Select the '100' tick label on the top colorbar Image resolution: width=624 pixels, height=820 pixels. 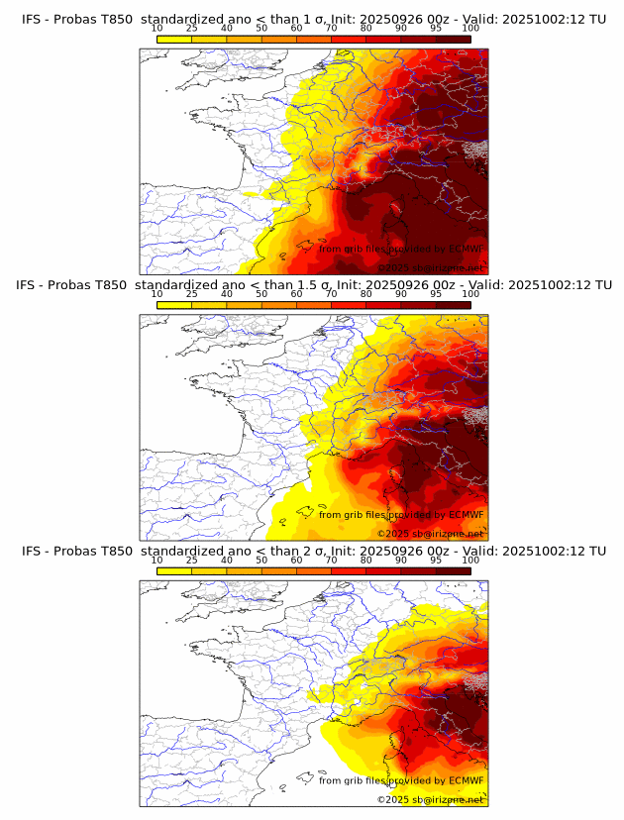click(470, 28)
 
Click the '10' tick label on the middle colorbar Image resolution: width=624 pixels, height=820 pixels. click(156, 294)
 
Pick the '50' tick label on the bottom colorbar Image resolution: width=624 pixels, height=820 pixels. click(261, 561)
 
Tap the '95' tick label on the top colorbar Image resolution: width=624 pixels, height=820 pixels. click(436, 28)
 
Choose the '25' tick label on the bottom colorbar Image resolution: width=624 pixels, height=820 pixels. click(191, 561)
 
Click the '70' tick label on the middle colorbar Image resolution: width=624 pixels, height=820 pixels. click(331, 294)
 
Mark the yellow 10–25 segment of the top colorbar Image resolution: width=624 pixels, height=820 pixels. click(174, 39)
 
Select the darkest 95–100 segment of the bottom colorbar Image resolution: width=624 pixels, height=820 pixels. click(454, 571)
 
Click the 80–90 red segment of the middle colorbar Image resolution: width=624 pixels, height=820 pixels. click(383, 305)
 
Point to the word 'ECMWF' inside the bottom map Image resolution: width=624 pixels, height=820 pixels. click(466, 780)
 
